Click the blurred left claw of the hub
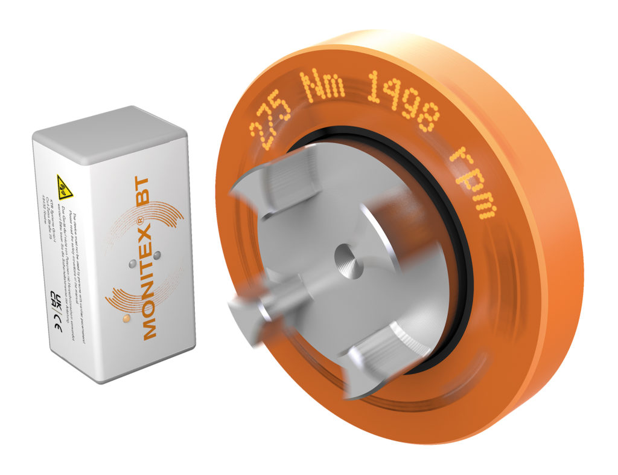coord(253,308)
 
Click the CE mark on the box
coord(57,329)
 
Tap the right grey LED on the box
coord(156,256)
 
